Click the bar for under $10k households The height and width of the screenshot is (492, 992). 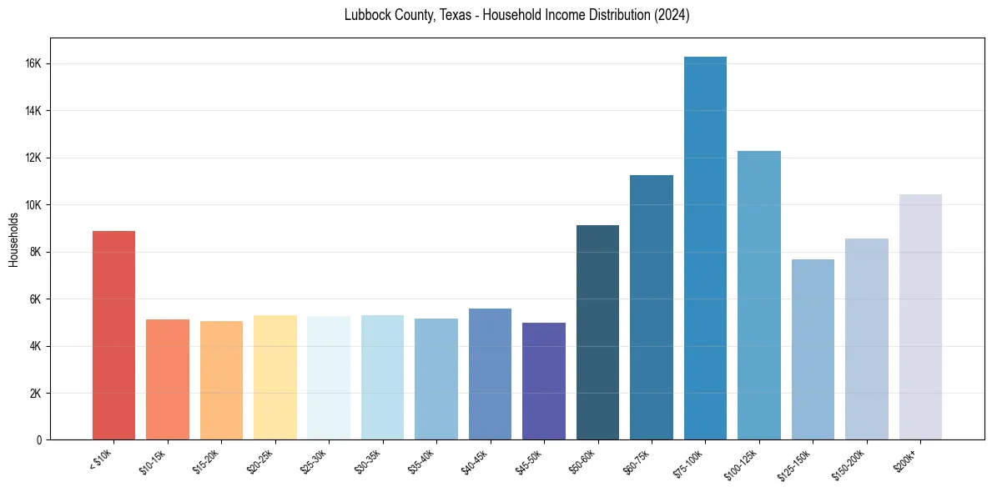[113, 335]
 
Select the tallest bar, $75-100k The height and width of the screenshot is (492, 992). [705, 249]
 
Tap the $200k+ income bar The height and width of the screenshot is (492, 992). [920, 317]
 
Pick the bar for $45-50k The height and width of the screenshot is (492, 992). [544, 381]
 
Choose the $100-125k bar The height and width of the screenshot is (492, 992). [759, 295]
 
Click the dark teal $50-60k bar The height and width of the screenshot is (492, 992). [597, 332]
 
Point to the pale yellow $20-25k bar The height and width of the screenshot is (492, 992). [274, 377]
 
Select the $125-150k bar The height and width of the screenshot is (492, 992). [813, 349]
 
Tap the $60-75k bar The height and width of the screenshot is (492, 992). [652, 307]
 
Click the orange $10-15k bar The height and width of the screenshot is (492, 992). [167, 379]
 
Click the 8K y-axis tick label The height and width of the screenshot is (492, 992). [36, 252]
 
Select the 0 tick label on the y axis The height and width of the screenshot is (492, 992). [39, 439]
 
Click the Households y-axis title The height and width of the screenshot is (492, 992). [14, 239]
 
